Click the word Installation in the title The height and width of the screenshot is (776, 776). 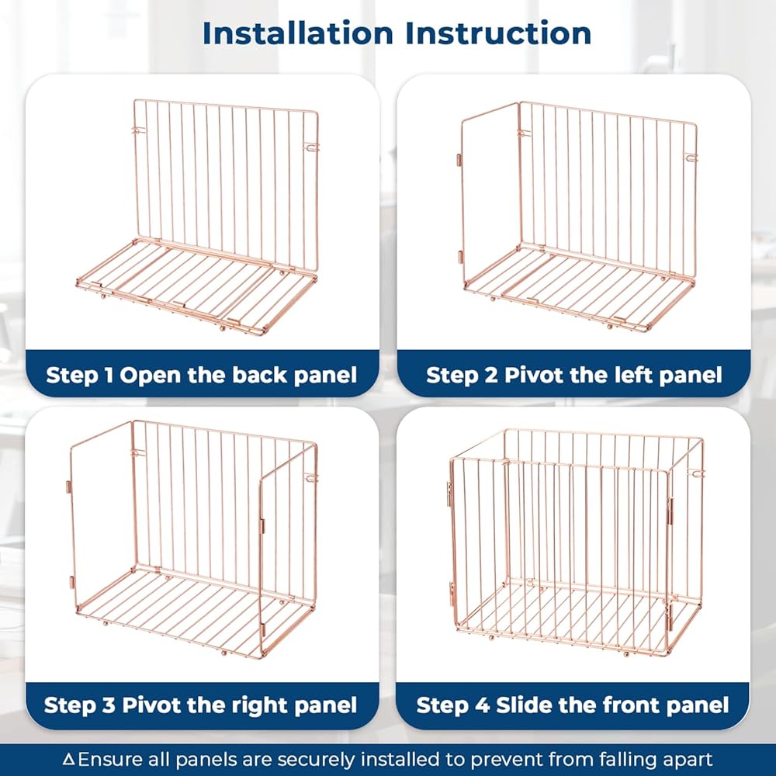[x=298, y=33]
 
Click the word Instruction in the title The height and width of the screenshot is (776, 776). [x=498, y=33]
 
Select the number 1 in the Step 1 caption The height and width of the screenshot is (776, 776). [x=109, y=375]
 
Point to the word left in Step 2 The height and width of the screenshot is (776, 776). [x=633, y=375]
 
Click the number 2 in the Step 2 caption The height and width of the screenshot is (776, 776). [x=491, y=375]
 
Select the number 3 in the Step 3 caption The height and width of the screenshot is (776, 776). [x=109, y=705]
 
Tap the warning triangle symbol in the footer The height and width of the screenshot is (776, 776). [x=69, y=759]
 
